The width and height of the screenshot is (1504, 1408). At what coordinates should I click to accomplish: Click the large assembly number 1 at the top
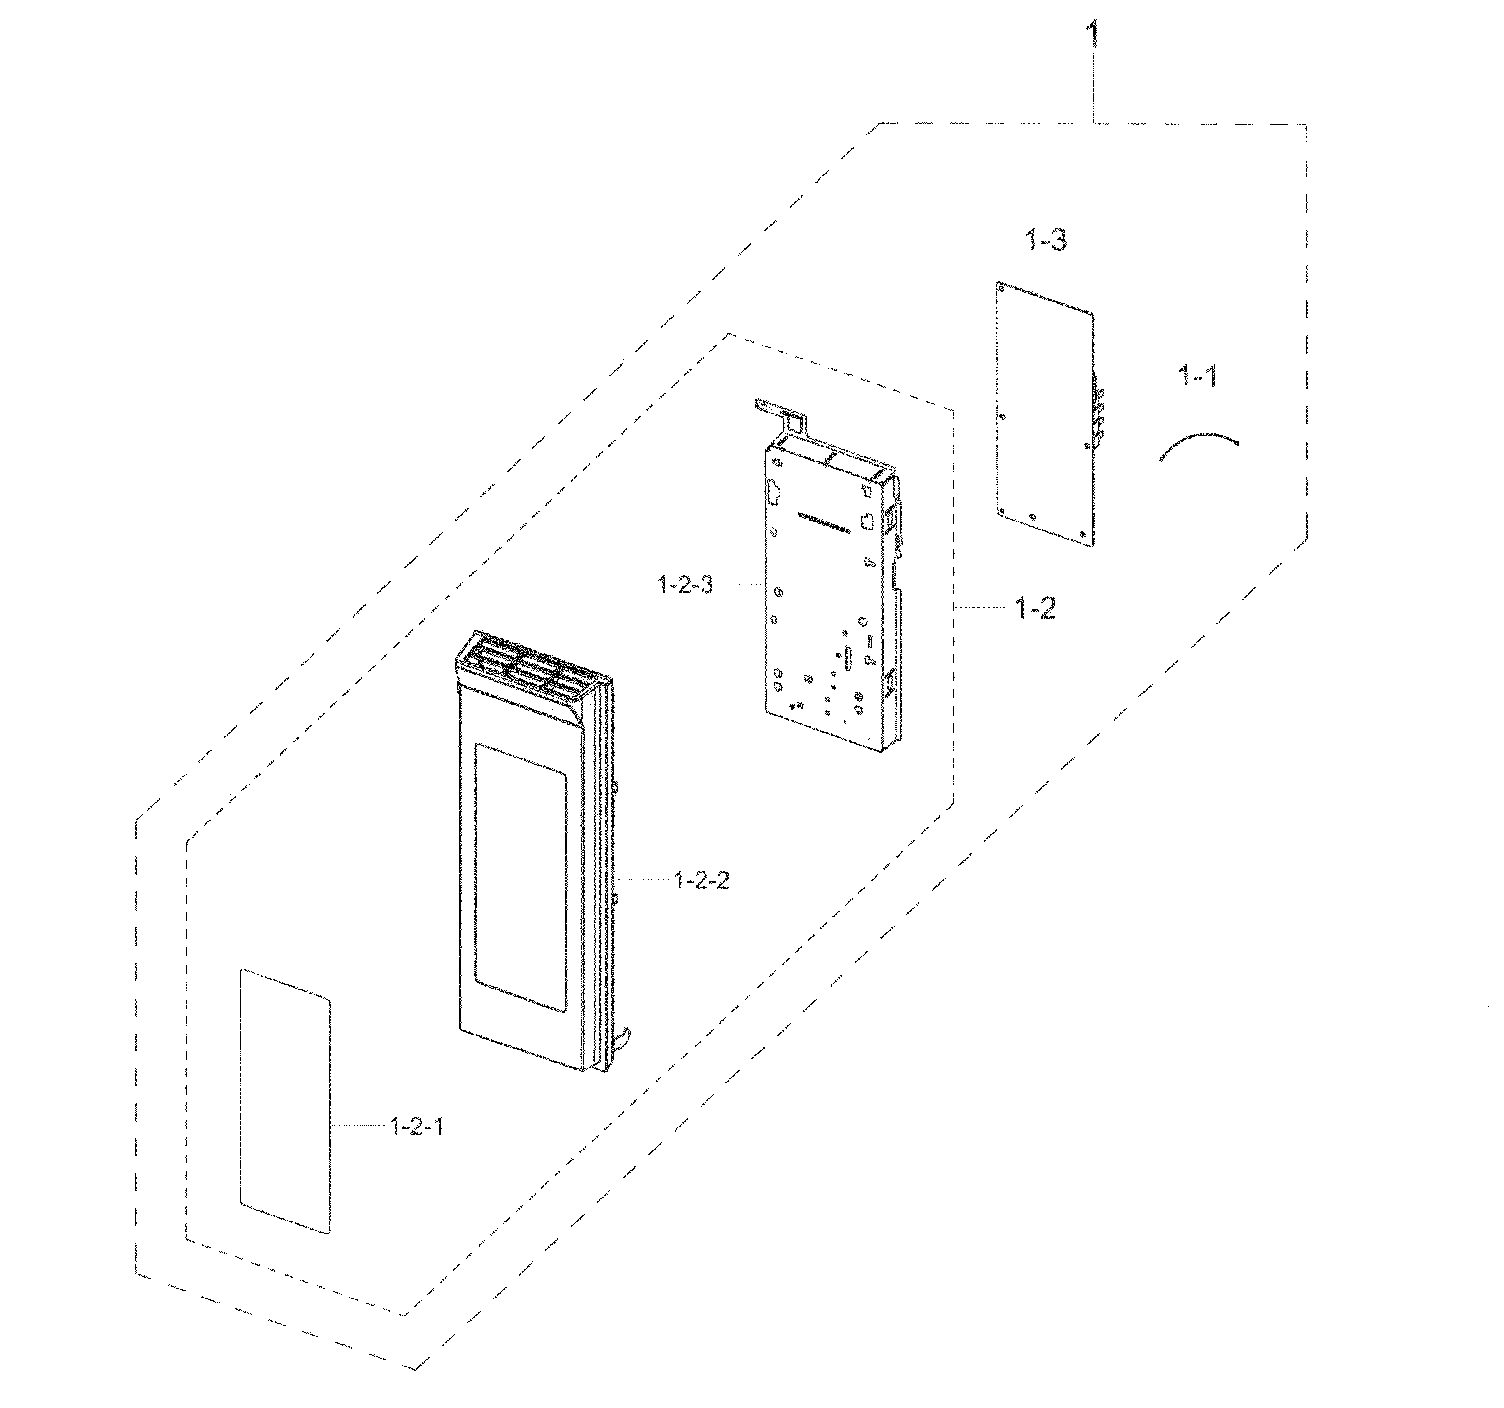click(x=1093, y=36)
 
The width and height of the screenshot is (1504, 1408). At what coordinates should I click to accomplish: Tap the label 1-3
click(x=1046, y=241)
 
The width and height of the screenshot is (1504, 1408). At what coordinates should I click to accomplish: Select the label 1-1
click(x=1198, y=376)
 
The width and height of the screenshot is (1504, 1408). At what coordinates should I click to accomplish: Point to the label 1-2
click(x=1036, y=608)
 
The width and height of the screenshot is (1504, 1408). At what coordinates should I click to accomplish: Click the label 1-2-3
click(x=686, y=585)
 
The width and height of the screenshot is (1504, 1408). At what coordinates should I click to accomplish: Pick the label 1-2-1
click(x=417, y=1148)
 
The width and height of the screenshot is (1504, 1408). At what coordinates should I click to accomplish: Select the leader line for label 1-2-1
click(x=359, y=1147)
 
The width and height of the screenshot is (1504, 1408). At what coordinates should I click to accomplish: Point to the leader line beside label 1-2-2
click(x=644, y=879)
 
